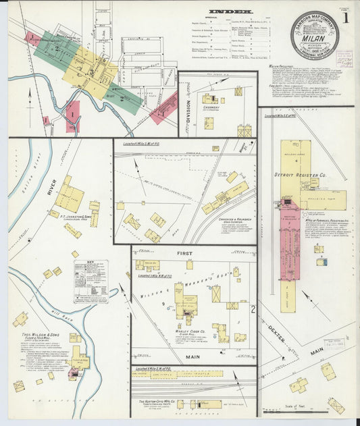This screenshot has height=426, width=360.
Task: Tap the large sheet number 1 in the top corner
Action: (x=345, y=18)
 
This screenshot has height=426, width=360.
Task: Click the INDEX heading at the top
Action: (x=230, y=11)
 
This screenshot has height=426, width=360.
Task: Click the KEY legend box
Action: (x=91, y=280)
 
